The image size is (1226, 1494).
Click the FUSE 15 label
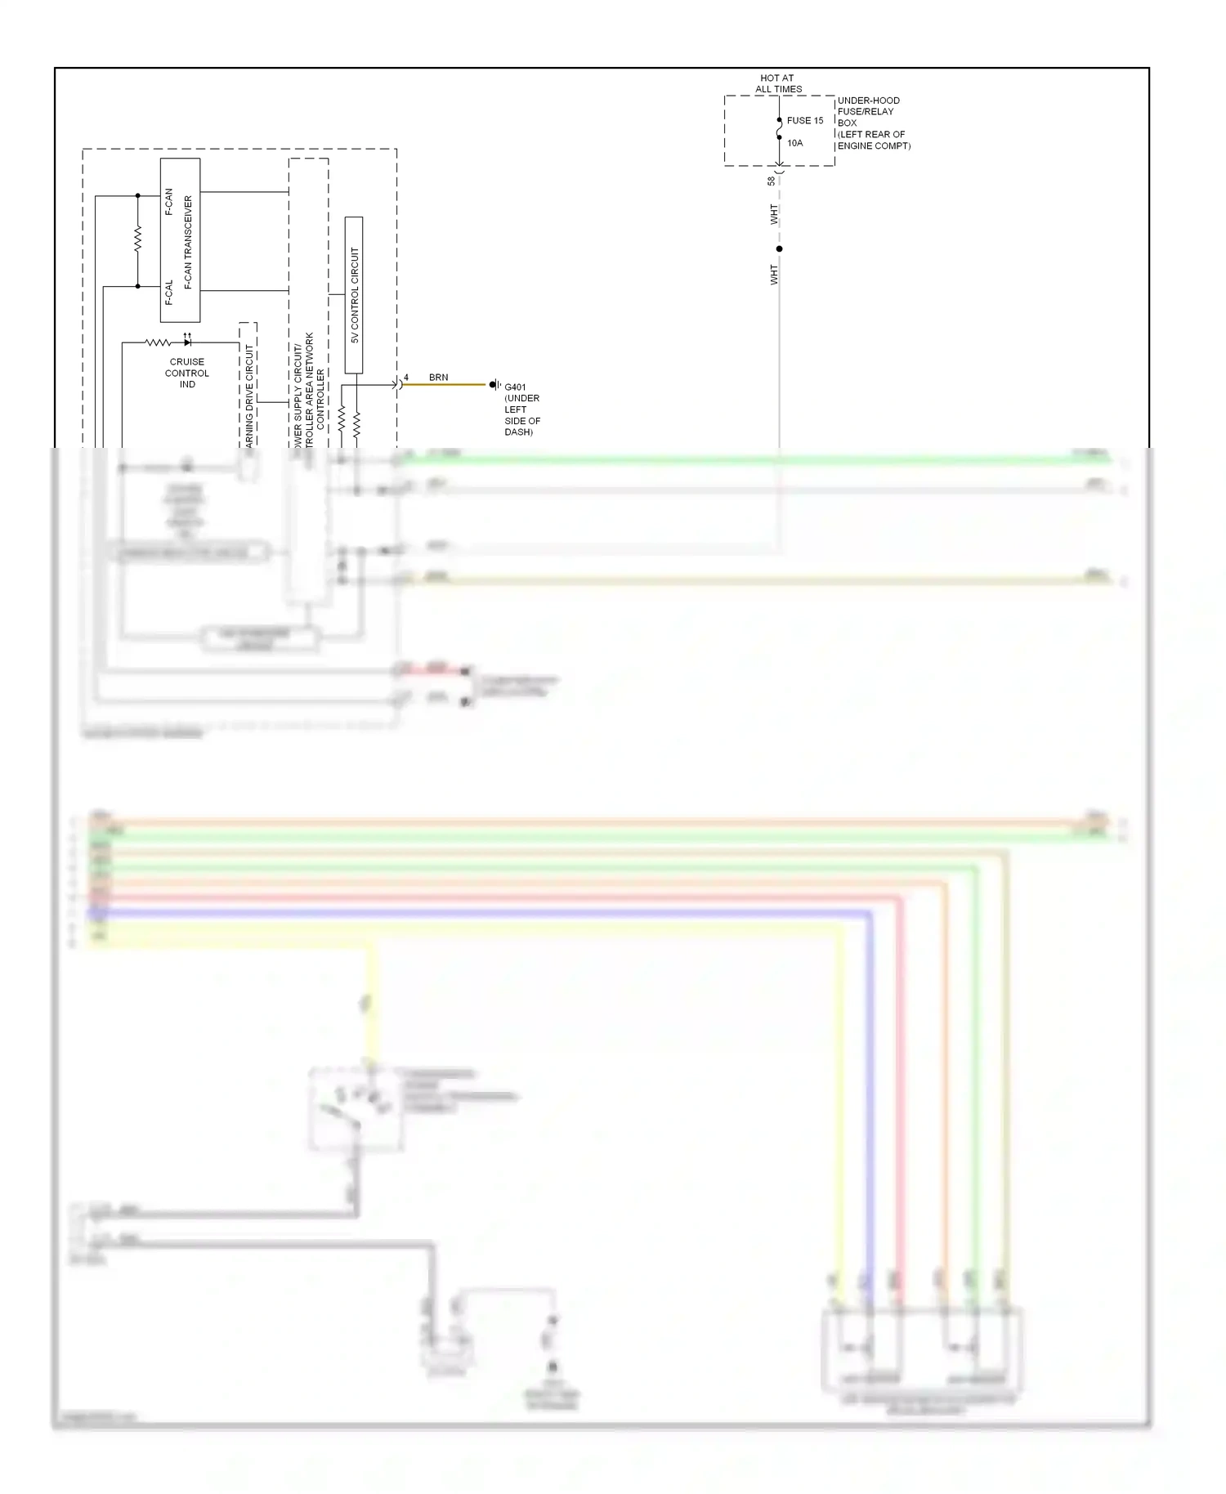804,120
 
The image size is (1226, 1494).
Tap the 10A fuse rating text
794,143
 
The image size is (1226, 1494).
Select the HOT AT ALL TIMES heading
777,83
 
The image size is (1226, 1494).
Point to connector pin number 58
771,181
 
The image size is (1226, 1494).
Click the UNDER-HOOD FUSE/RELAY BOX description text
873,123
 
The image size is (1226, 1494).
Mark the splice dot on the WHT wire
779,248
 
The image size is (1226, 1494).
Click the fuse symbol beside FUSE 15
780,129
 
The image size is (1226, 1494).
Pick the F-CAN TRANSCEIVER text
189,242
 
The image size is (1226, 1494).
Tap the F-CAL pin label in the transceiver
169,293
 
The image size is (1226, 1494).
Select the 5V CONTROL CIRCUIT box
354,295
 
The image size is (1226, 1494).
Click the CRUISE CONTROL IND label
187,373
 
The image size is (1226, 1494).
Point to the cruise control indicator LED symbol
187,342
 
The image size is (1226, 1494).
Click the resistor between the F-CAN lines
137,239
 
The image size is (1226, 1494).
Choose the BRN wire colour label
438,378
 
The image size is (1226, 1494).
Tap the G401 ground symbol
494,384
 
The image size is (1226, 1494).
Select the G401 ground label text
521,409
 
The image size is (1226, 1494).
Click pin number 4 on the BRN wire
406,378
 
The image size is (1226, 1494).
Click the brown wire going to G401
445,385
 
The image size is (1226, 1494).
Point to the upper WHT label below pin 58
774,215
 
